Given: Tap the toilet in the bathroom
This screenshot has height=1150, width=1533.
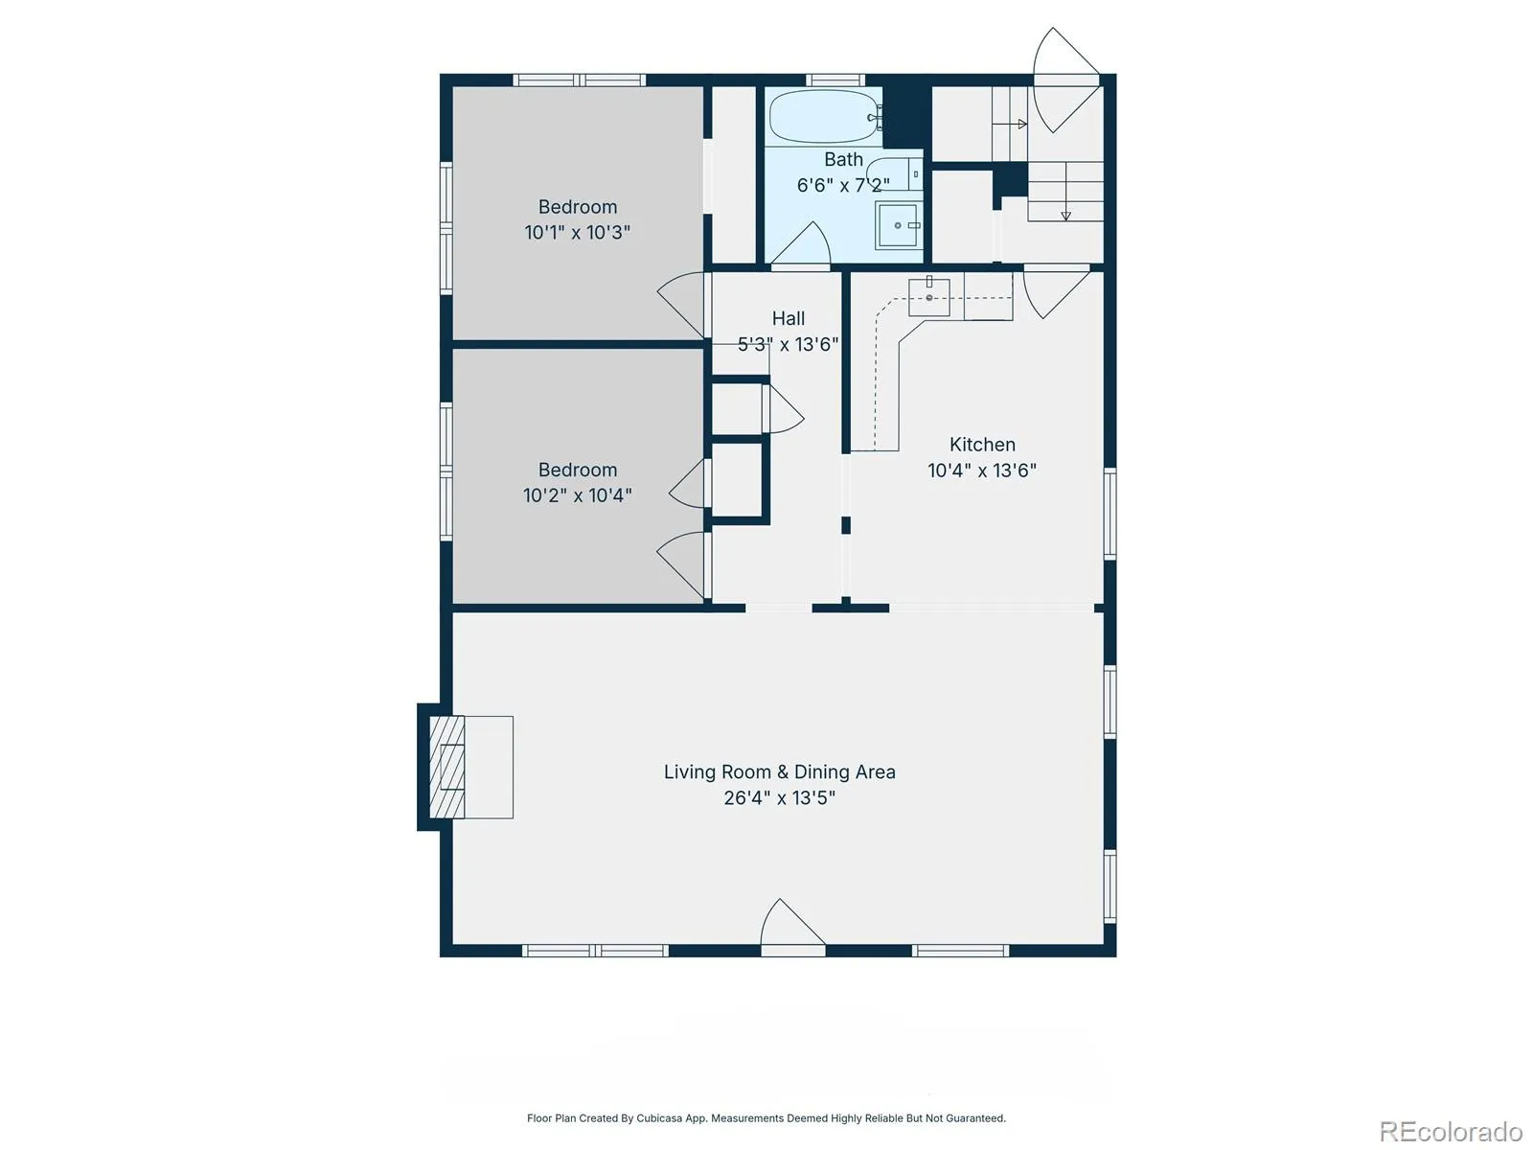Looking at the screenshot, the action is [895, 173].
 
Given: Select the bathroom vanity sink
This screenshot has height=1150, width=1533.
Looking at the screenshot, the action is [898, 225].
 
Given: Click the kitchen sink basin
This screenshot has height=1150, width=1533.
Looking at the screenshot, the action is [928, 297].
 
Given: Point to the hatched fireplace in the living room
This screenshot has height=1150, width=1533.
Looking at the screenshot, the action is [447, 766].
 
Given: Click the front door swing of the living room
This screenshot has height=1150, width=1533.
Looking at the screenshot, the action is [792, 925].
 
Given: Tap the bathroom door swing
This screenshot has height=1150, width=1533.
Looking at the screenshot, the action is [800, 243].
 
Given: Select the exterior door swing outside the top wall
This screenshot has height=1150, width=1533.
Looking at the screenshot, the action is [1065, 80].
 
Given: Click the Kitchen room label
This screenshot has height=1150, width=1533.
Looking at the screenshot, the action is [982, 444].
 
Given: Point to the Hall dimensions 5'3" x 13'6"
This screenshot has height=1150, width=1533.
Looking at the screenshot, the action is [788, 344].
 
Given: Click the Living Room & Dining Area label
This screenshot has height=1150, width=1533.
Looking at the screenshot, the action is [779, 771].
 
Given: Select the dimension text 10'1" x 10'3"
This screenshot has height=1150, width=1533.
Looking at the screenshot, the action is [578, 232].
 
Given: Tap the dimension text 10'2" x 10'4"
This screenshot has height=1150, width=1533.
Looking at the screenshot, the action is [578, 495].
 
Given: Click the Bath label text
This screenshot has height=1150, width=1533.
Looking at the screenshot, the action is [844, 159].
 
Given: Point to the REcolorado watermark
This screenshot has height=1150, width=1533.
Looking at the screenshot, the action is [1452, 1131].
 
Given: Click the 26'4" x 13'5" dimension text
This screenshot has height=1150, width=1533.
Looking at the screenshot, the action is [779, 797].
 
